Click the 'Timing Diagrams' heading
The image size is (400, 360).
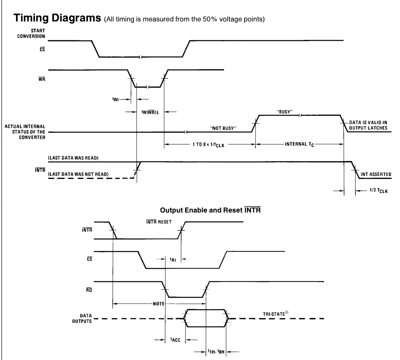[x=57, y=18]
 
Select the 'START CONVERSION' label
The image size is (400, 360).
[x=31, y=34]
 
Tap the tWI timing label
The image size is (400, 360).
[x=115, y=99]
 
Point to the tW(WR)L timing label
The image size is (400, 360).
[x=150, y=112]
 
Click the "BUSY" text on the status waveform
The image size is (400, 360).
[x=285, y=112]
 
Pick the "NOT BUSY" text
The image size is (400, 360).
[x=223, y=128]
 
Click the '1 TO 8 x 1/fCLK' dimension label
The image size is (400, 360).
[x=209, y=145]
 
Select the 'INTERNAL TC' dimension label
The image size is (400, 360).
[x=299, y=144]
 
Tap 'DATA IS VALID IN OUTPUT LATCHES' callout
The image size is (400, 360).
[x=368, y=125]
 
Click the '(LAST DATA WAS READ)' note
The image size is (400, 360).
[x=73, y=158]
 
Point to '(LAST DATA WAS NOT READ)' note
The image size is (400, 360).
[x=78, y=174]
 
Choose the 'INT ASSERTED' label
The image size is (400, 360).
[x=376, y=174]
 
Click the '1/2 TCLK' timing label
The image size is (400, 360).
[x=378, y=191]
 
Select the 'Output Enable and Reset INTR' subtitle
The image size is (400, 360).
[x=211, y=210]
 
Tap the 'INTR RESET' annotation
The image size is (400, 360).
[x=159, y=222]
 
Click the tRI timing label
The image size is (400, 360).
[x=173, y=259]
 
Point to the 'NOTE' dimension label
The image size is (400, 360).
[x=158, y=304]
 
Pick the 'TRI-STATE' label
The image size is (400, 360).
[x=275, y=314]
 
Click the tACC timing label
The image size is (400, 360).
[x=175, y=340]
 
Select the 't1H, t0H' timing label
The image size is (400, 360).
[x=216, y=352]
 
